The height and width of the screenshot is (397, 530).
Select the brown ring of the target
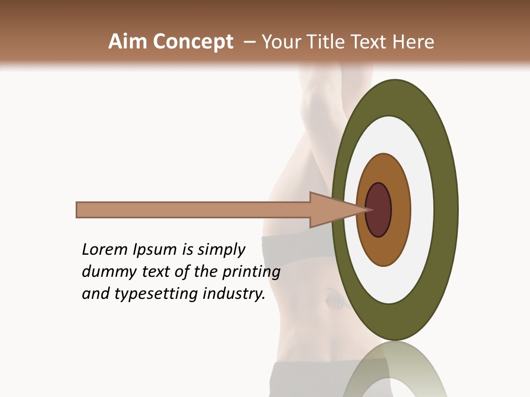coord(400,210)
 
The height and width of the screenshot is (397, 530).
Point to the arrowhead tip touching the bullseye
coord(369,210)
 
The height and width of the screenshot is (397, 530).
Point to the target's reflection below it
coord(395,369)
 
